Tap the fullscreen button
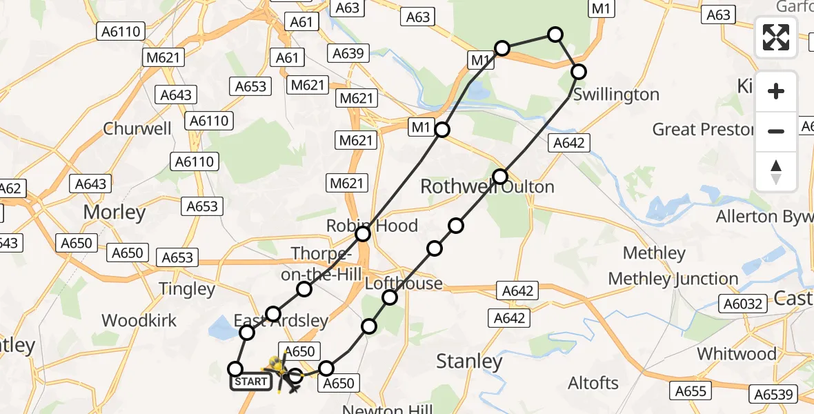(776, 37)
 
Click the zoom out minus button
(776, 131)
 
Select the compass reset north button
(776, 172)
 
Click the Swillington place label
(616, 95)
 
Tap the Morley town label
(115, 213)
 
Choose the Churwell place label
(137, 128)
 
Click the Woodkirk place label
(139, 320)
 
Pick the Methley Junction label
(673, 279)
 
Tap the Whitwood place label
(736, 354)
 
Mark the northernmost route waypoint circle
(555, 34)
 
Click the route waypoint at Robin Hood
(363, 234)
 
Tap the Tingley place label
(187, 289)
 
